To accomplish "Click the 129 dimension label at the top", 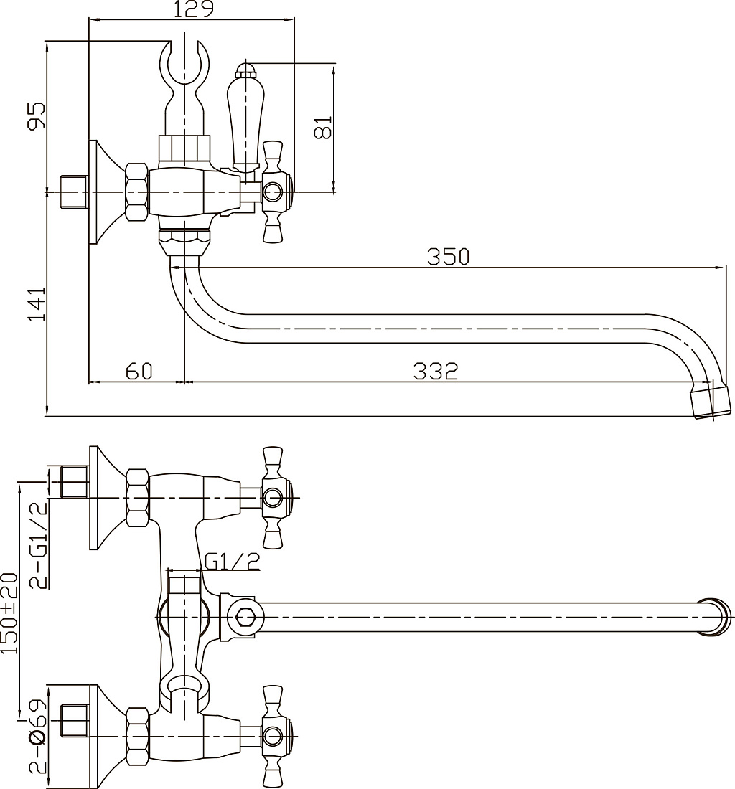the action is [194, 9].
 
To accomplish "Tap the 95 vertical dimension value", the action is [36, 115].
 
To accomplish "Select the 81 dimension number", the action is [323, 127].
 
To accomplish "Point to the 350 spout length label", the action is [448, 257].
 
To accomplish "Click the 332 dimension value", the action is [436, 372].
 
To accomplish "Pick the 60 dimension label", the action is [139, 371].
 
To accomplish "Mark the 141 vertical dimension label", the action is [36, 304].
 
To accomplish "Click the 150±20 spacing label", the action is [9, 613].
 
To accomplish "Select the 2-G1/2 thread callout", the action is [39, 545].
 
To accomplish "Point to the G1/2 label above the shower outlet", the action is [232, 561].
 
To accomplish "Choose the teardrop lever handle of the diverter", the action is [245, 121].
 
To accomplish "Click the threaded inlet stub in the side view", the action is [74, 192].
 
